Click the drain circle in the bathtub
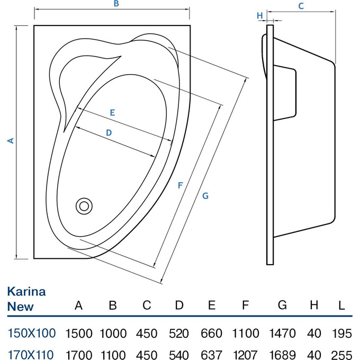click(83, 205)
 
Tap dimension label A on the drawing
click(10, 140)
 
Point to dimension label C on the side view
click(301, 6)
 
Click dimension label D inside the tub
click(109, 133)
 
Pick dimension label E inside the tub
click(112, 112)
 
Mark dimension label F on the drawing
click(180, 185)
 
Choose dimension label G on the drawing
click(205, 196)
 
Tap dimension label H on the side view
click(260, 15)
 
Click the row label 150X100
click(31, 333)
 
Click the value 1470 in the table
click(282, 334)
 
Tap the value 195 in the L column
click(343, 334)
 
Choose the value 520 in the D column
click(179, 334)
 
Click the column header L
click(342, 305)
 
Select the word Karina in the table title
click(26, 291)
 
